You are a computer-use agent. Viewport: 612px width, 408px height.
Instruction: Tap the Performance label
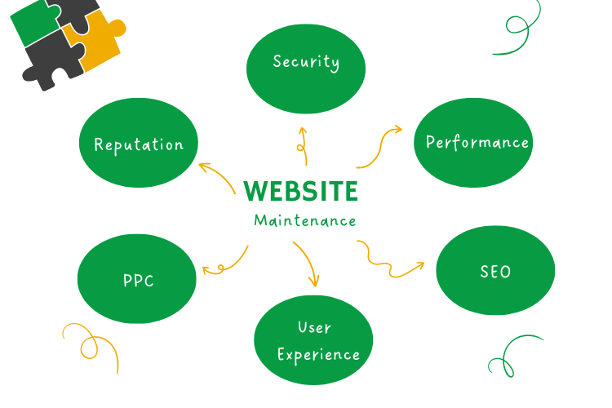tap(477, 143)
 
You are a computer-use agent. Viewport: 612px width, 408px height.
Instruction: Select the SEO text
tap(495, 271)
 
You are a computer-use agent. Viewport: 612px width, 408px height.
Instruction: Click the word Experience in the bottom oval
tap(318, 355)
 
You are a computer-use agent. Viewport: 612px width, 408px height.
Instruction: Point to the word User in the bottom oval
tap(314, 328)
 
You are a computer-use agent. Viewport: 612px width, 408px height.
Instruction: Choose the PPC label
tap(138, 281)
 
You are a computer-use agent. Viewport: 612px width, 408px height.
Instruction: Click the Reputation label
tap(139, 145)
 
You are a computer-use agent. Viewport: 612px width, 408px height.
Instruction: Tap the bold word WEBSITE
tap(301, 191)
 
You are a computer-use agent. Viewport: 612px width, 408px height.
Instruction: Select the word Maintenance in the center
tap(304, 220)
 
